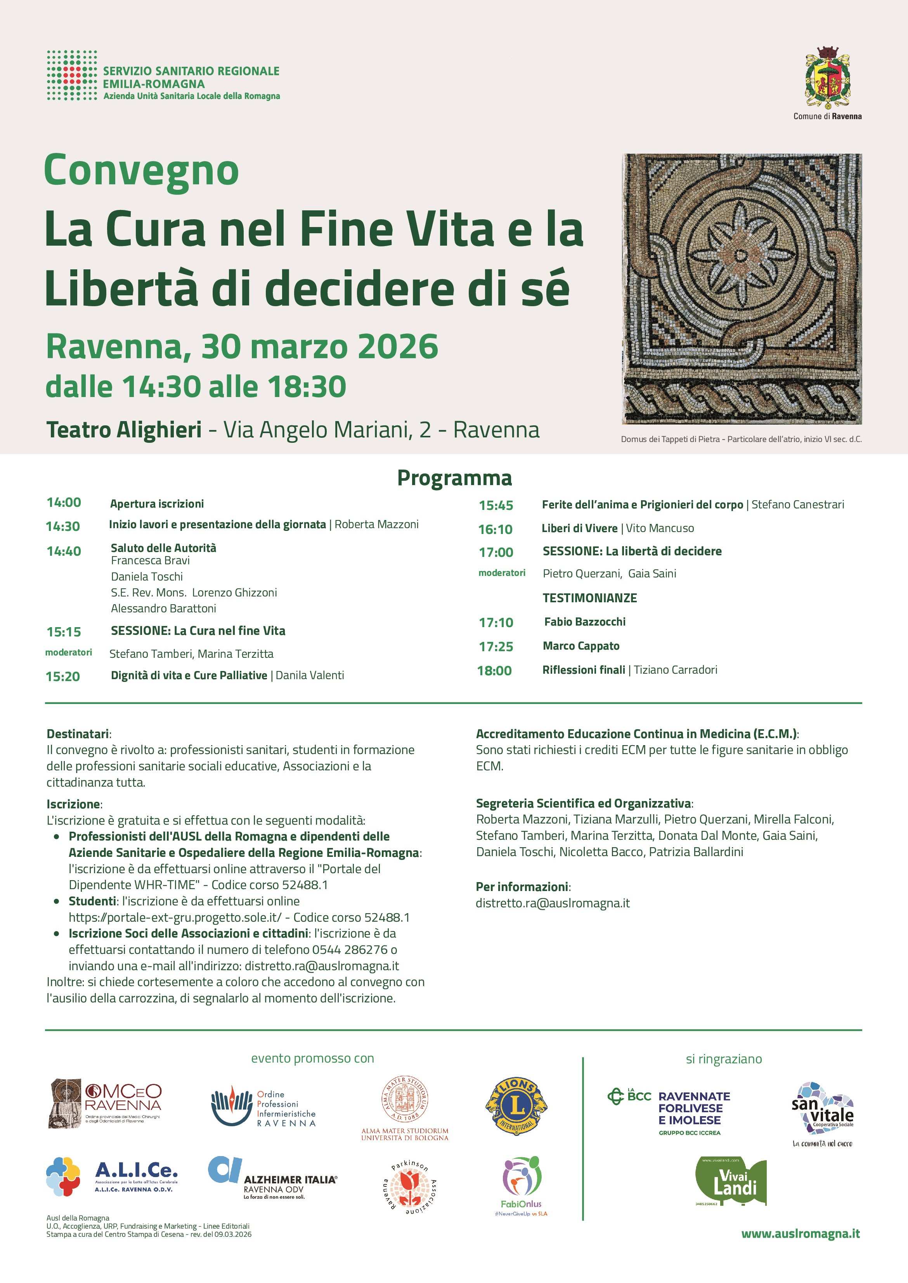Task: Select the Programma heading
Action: (454, 478)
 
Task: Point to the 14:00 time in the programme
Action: (64, 503)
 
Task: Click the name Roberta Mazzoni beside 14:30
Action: (376, 524)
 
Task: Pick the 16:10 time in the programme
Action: (496, 529)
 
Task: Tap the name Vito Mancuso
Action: (660, 528)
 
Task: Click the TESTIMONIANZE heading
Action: (589, 598)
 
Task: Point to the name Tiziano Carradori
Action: (675, 670)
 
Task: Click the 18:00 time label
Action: (494, 671)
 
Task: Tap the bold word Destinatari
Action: (78, 734)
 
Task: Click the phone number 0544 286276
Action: (350, 950)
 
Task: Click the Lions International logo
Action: (516, 1106)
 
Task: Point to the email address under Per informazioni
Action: (553, 903)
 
